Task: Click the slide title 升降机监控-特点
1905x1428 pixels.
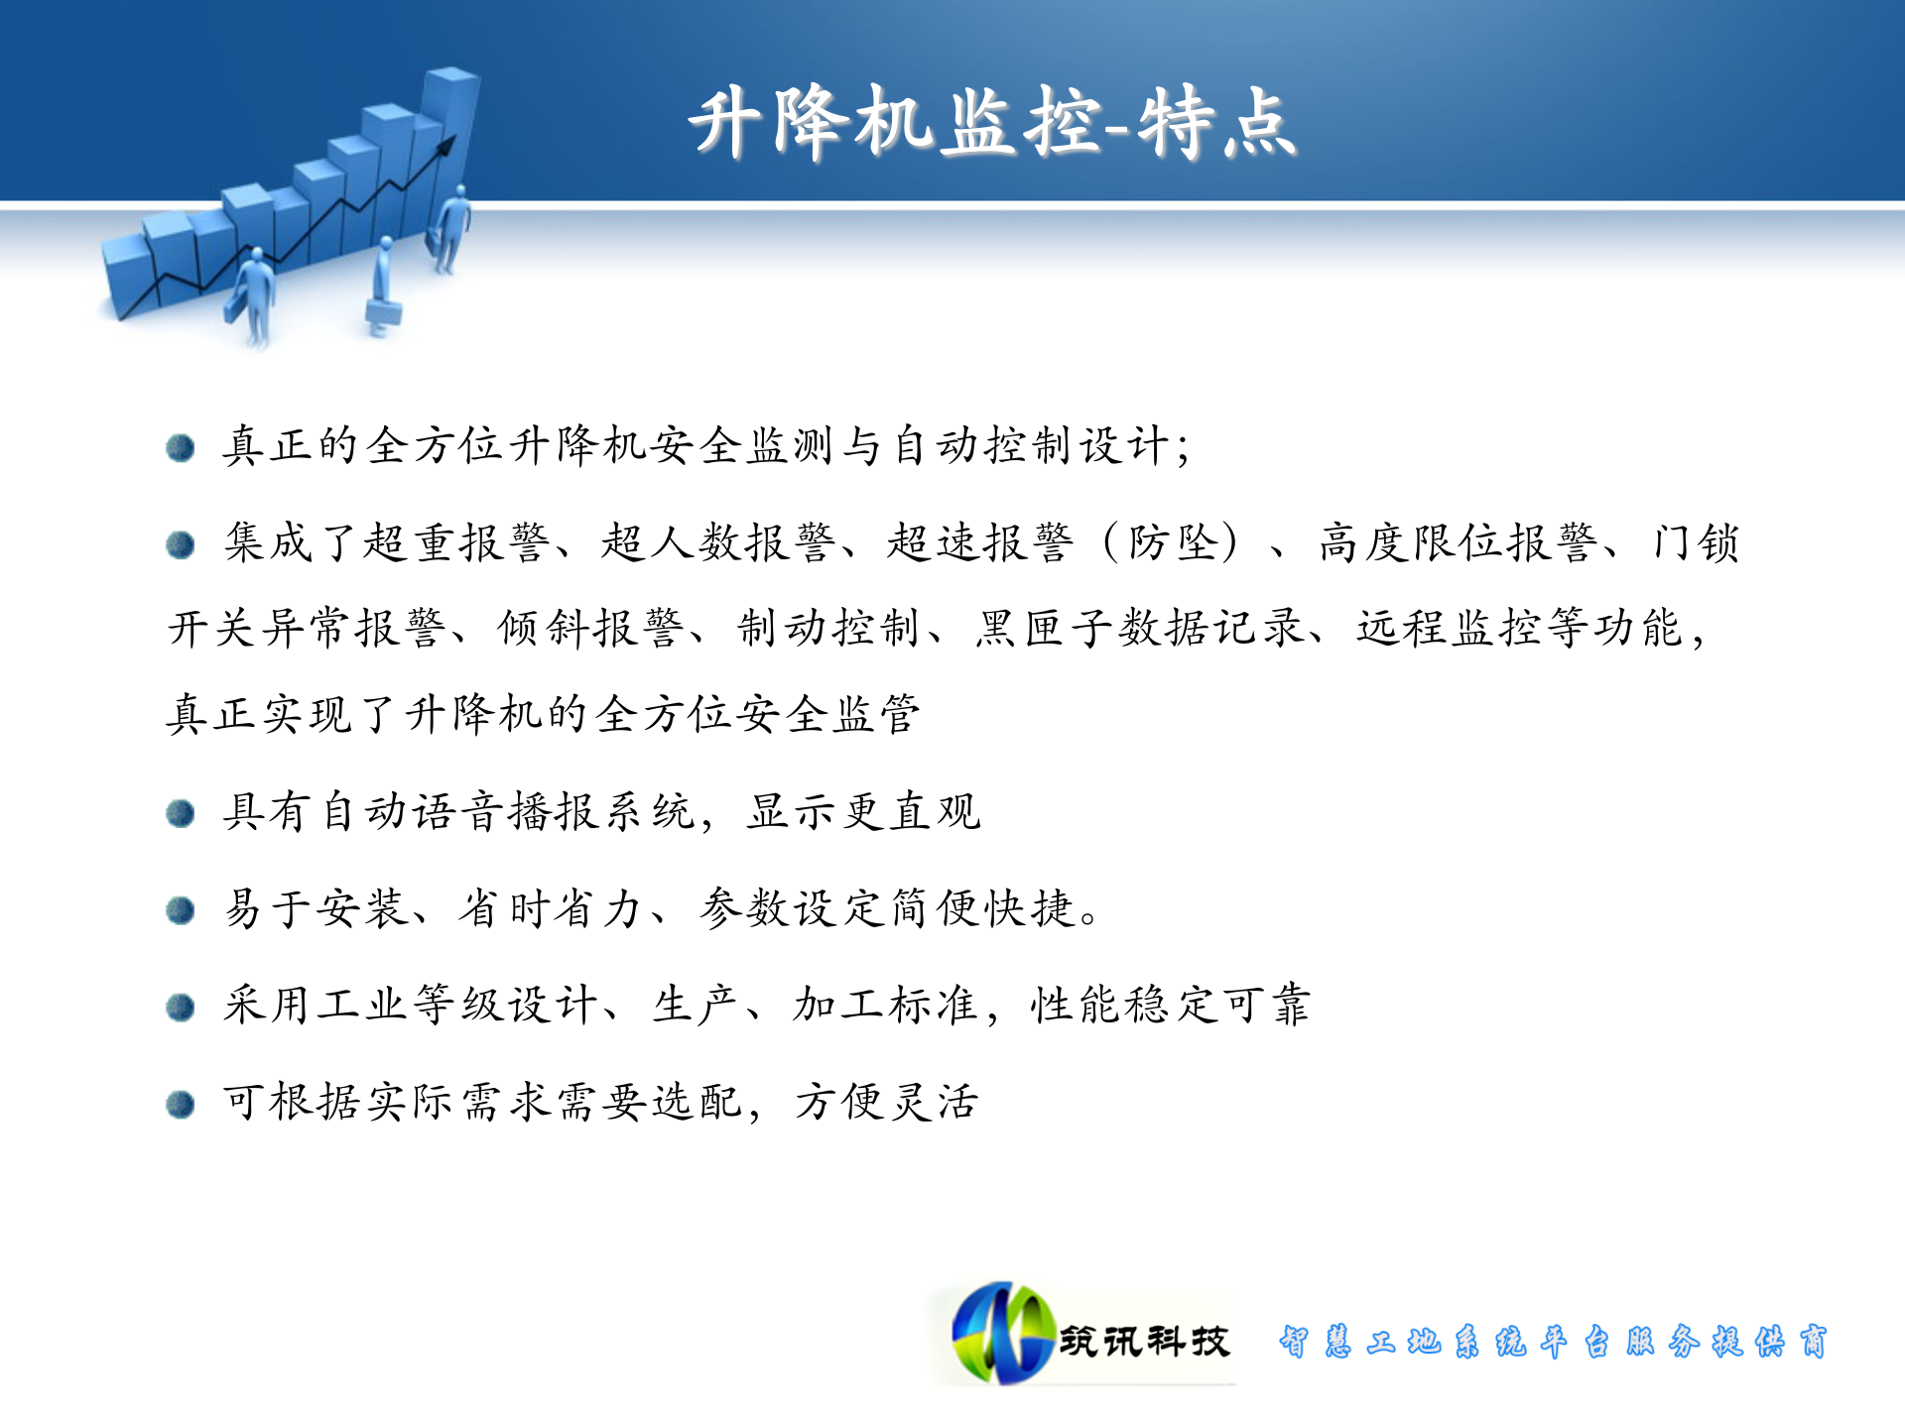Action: click(x=992, y=124)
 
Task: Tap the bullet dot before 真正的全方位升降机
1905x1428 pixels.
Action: click(x=181, y=448)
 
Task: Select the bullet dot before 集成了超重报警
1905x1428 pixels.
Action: click(x=181, y=544)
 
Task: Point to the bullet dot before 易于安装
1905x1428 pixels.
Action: click(x=181, y=910)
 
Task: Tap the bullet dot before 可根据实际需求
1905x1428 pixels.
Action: click(x=181, y=1104)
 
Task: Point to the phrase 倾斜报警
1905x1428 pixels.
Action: click(x=591, y=629)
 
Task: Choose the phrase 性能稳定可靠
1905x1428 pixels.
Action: click(x=1171, y=1006)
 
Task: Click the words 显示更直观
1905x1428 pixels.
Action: click(x=863, y=812)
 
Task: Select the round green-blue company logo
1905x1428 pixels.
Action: click(x=1002, y=1334)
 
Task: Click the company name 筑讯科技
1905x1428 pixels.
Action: click(x=1144, y=1342)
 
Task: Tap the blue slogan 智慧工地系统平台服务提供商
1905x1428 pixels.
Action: click(x=1553, y=1342)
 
